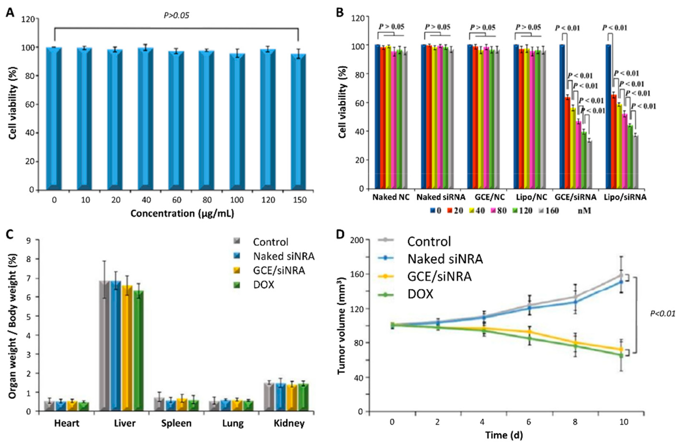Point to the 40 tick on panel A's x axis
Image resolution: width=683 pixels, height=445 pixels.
tap(146, 200)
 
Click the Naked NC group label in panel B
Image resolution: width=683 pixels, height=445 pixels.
tap(391, 197)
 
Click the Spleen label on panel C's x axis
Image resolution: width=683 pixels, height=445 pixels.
tap(176, 423)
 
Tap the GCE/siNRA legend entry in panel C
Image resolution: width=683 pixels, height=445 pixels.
tap(279, 270)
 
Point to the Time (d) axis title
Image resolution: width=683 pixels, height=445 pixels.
tap(504, 435)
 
